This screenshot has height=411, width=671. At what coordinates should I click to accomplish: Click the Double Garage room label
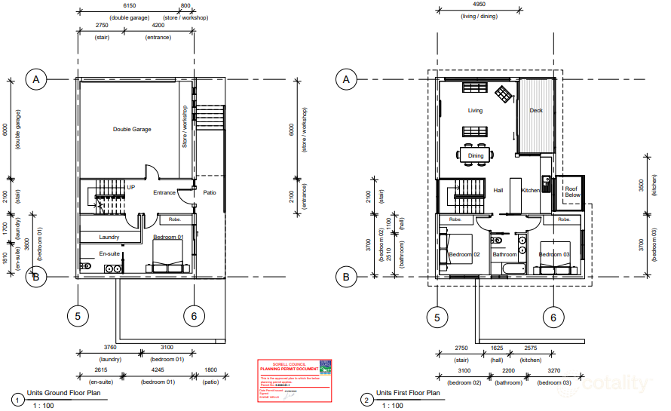(132, 129)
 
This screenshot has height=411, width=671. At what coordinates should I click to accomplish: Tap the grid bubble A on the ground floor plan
(35, 78)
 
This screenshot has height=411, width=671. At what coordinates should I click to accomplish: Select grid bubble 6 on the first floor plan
(553, 317)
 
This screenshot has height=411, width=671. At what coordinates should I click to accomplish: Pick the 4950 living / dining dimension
(479, 5)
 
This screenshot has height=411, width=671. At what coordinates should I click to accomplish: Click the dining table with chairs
(476, 155)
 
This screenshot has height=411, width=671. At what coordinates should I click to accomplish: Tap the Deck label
(536, 111)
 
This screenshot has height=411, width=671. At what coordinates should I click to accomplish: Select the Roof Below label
(572, 192)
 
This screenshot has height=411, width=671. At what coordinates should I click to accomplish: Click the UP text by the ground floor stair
(130, 187)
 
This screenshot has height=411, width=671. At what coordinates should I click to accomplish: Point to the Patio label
(210, 192)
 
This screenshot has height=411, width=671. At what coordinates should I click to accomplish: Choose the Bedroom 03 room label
(553, 254)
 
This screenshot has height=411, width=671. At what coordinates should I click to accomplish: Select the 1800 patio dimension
(210, 370)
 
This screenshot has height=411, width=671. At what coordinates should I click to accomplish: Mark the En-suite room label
(110, 254)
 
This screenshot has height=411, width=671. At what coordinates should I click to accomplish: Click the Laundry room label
(109, 237)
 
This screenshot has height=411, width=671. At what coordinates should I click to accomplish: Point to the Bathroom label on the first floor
(505, 254)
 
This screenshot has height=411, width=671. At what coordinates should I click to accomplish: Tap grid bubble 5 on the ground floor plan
(78, 317)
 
